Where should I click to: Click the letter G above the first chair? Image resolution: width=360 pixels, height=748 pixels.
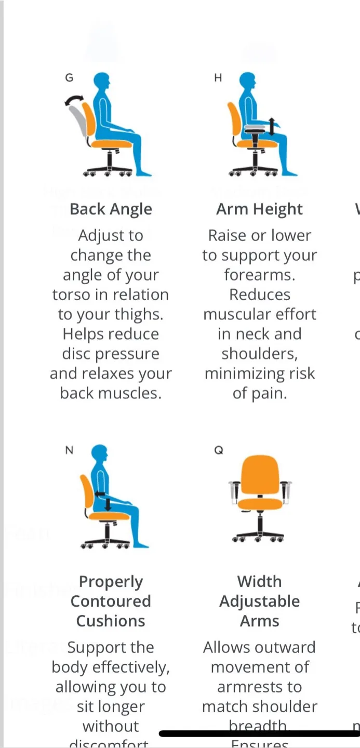[69, 78]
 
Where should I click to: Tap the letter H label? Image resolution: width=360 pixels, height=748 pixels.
[218, 78]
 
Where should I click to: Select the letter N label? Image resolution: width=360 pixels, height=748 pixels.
[69, 450]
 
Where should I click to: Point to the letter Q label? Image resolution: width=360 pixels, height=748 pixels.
[218, 450]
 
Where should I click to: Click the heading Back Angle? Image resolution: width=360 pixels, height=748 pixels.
[111, 209]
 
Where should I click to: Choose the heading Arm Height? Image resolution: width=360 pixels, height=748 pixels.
[259, 209]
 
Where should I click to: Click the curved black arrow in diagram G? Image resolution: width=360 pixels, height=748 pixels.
[73, 99]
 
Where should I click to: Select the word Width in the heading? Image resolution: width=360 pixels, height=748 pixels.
[259, 581]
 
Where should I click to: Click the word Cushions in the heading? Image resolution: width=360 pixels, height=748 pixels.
[111, 621]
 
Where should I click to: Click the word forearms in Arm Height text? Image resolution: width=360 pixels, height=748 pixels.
[259, 275]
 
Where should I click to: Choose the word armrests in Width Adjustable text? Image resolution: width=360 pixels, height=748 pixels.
[259, 687]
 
